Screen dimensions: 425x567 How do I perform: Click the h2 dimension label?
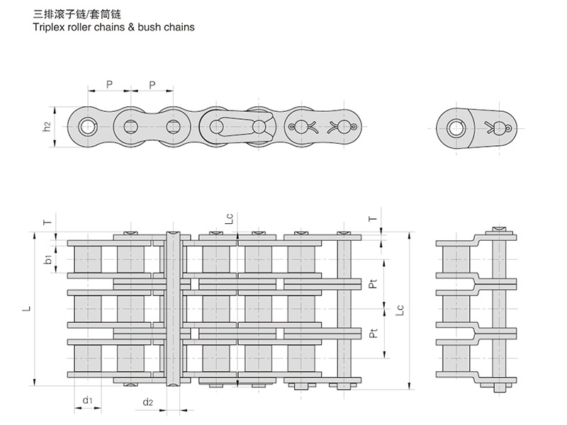point(46,127)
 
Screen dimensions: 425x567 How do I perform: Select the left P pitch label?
point(109,84)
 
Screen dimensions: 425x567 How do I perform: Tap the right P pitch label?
point(153,84)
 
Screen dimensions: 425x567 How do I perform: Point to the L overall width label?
point(26,310)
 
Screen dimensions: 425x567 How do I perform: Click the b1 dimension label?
point(46,260)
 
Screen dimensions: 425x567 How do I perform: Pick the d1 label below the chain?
point(86,401)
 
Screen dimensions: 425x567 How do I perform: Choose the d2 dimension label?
point(147,402)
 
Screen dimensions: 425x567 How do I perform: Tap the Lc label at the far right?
point(400,310)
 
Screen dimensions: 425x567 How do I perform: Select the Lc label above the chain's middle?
point(229,220)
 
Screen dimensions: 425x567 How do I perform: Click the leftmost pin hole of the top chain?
point(86,127)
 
